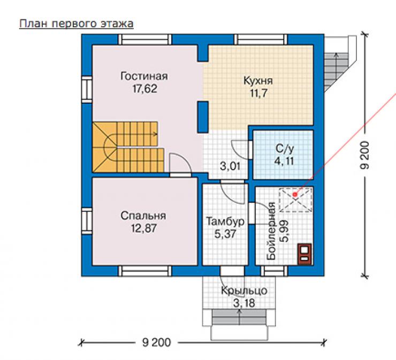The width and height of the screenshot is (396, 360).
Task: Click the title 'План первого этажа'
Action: (x=77, y=24)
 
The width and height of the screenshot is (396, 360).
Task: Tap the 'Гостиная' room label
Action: (x=144, y=76)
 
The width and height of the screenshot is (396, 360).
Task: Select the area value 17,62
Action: (x=144, y=89)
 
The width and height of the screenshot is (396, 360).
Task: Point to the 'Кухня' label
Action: (x=258, y=81)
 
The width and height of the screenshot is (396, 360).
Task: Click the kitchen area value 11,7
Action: (x=258, y=94)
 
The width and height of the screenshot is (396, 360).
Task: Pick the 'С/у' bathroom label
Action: (x=285, y=149)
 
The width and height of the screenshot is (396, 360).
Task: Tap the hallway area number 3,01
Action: (x=230, y=166)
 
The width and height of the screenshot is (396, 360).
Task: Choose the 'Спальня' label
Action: (x=143, y=216)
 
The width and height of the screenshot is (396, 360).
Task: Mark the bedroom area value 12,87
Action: (x=144, y=228)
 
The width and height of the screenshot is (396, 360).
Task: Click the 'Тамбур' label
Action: (x=225, y=221)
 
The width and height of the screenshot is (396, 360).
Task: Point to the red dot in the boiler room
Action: (x=295, y=194)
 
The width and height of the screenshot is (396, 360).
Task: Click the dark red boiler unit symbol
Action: (x=304, y=254)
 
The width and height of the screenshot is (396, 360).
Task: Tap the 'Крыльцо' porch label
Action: (x=244, y=290)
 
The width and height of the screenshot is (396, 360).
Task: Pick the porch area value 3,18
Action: (x=244, y=303)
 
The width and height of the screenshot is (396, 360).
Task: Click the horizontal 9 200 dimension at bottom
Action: (x=157, y=342)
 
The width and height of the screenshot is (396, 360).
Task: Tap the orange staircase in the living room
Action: (x=128, y=147)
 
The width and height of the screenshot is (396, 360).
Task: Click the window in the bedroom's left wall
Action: (x=87, y=220)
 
